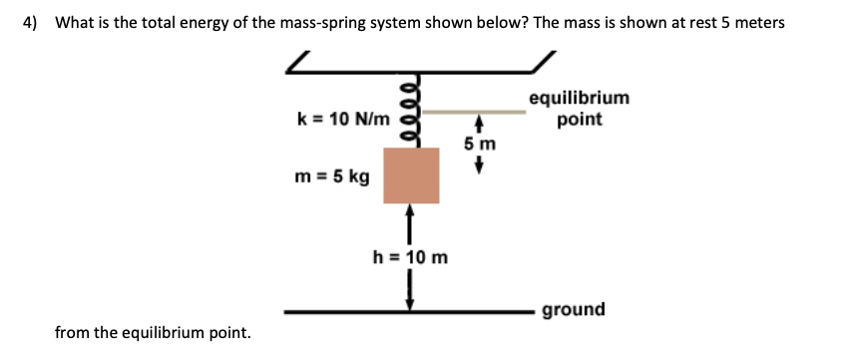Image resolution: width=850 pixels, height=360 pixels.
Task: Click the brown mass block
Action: (x=411, y=175)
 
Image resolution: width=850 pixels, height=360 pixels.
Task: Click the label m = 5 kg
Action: (x=333, y=178)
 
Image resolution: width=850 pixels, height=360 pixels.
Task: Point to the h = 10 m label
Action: (x=410, y=257)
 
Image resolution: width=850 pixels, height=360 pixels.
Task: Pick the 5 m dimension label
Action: (x=479, y=144)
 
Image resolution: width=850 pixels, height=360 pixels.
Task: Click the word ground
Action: (x=574, y=309)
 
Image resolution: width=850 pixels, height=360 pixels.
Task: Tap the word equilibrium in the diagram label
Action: (x=579, y=98)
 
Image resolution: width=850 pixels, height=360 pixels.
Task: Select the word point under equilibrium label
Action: (x=579, y=120)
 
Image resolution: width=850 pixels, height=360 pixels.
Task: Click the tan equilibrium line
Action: (x=469, y=113)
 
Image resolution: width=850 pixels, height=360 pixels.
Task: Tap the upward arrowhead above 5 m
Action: (x=479, y=125)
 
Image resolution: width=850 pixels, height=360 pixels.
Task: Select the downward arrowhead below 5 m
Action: (x=479, y=167)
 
